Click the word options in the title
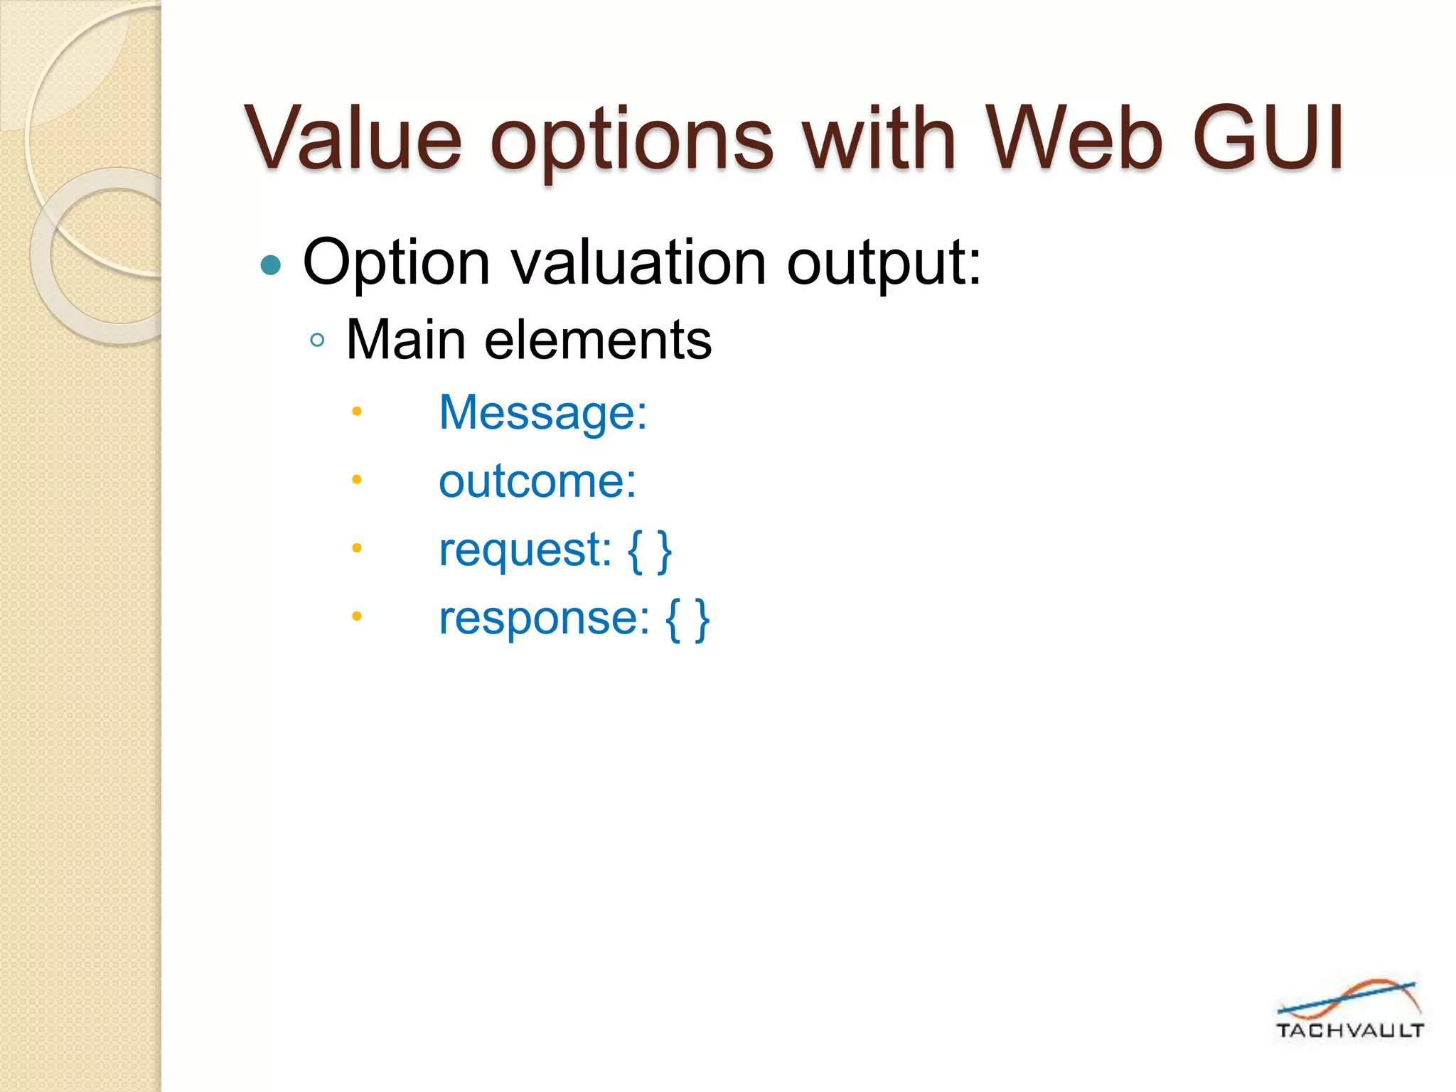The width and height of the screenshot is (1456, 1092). tap(631, 140)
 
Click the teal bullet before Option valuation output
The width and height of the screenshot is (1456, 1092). tap(271, 265)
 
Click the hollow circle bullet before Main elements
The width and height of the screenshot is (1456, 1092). tap(317, 341)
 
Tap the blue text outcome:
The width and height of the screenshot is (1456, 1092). tap(537, 481)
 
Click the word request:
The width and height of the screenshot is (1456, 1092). tap(525, 550)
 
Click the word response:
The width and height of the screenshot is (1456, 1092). tap(544, 618)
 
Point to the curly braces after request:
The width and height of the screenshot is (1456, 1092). tap(650, 550)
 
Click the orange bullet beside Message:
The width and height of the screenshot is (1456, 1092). tap(357, 411)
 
